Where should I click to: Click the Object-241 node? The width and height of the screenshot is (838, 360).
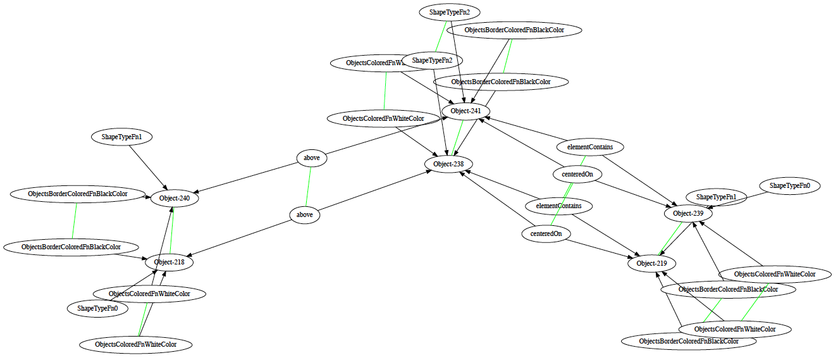pos(466,111)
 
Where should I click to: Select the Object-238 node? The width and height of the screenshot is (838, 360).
pos(448,164)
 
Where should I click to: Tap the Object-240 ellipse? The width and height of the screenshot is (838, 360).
pos(174,198)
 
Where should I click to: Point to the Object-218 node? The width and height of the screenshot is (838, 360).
pos(169,262)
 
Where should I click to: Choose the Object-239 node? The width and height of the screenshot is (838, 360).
pos(688,214)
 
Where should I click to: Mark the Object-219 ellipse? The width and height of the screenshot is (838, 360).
pos(651,263)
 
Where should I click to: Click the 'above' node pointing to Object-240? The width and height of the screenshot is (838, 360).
pos(312,158)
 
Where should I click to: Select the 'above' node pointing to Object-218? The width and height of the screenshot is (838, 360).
pos(305,215)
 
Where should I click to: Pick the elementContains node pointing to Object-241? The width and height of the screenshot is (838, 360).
pos(590,147)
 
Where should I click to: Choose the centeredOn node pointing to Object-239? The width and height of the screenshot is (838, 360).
pos(577,174)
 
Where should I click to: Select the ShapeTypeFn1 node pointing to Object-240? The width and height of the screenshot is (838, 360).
pos(122,136)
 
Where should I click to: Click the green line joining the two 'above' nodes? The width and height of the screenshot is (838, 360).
pos(309,187)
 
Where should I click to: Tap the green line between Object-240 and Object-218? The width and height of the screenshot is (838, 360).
pos(171,230)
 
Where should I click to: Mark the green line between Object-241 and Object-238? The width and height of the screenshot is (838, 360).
pos(457,138)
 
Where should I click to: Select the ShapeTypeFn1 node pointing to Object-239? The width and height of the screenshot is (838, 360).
pos(717,197)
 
